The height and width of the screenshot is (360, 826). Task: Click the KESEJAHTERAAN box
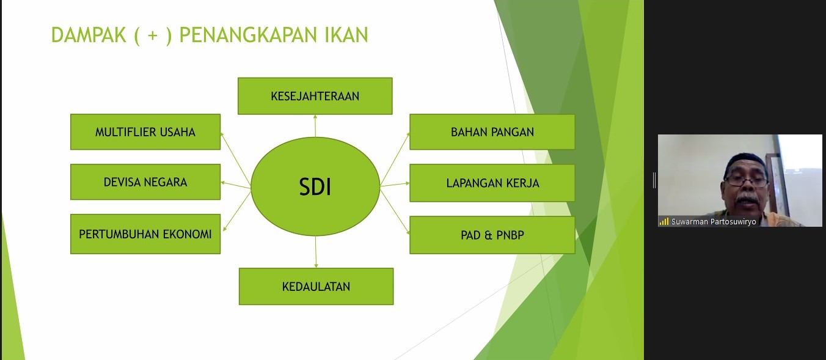click(315, 96)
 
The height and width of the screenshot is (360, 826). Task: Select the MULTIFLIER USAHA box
click(145, 132)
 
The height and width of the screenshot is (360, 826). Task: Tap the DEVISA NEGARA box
click(145, 182)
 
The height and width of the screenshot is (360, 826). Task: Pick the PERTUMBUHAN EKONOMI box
click(145, 234)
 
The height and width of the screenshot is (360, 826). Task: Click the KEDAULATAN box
click(316, 286)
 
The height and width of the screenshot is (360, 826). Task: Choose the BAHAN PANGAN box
click(492, 132)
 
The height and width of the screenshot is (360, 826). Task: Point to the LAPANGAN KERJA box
click(492, 183)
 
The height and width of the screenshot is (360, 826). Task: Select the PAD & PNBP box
click(492, 235)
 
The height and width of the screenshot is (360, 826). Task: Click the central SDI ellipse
click(315, 186)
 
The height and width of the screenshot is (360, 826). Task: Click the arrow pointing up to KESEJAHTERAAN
click(315, 125)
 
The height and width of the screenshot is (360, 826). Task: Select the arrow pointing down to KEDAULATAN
click(316, 252)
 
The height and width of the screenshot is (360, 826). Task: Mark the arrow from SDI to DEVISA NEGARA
click(236, 184)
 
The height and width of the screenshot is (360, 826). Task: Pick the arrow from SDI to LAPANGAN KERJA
click(395, 184)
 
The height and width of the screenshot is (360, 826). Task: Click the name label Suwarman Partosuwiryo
click(714, 222)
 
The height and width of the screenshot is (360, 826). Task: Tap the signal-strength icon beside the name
click(663, 222)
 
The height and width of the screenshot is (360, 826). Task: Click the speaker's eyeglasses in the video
click(746, 181)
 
